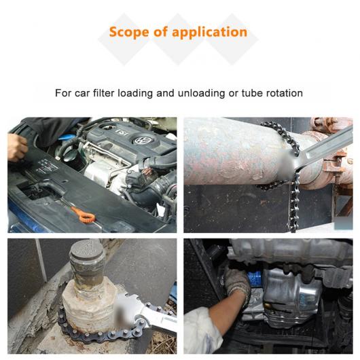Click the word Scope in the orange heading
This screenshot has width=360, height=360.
pyautogui.click(x=129, y=32)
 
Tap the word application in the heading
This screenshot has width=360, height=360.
pyautogui.click(x=209, y=33)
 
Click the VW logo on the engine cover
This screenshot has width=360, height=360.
pyautogui.click(x=141, y=141)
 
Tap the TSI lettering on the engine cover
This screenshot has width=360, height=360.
pyautogui.click(x=122, y=132)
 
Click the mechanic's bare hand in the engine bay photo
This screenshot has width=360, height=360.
pyautogui.click(x=17, y=147)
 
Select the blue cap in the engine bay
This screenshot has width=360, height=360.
pyautogui.click(x=66, y=137)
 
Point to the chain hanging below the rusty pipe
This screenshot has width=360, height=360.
pyautogui.click(x=294, y=204)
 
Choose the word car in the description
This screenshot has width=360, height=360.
pyautogui.click(x=82, y=94)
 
